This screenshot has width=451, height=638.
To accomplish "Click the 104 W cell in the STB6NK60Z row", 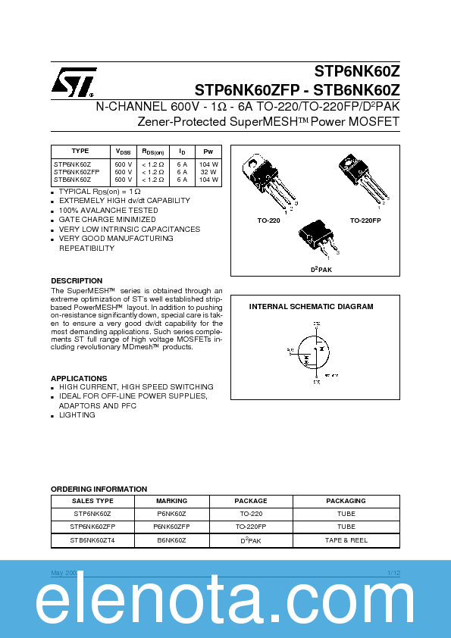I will click(x=208, y=180).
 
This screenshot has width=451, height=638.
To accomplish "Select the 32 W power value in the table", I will click(x=208, y=172).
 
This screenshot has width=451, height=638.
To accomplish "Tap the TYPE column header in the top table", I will click(x=80, y=152).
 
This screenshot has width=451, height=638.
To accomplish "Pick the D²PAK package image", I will click(x=319, y=241).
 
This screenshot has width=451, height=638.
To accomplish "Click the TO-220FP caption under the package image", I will click(x=365, y=220).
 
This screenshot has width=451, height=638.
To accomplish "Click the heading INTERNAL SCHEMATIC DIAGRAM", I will click(x=311, y=307).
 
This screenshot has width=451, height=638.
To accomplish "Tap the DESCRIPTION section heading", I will click(x=77, y=281).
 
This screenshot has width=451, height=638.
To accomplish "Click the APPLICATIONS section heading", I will click(x=79, y=378).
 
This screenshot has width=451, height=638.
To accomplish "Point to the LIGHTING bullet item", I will click(x=77, y=415).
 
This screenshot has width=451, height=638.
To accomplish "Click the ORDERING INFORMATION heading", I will click(x=99, y=489).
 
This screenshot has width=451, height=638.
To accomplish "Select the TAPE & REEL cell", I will click(x=346, y=540).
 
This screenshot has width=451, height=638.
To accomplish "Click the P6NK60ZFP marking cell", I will click(x=171, y=527).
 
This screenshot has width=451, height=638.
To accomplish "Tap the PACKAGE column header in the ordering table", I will click(x=250, y=501).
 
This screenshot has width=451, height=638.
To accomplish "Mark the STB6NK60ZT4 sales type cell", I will click(x=92, y=540).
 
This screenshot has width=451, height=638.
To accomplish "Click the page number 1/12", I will click(x=393, y=573).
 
